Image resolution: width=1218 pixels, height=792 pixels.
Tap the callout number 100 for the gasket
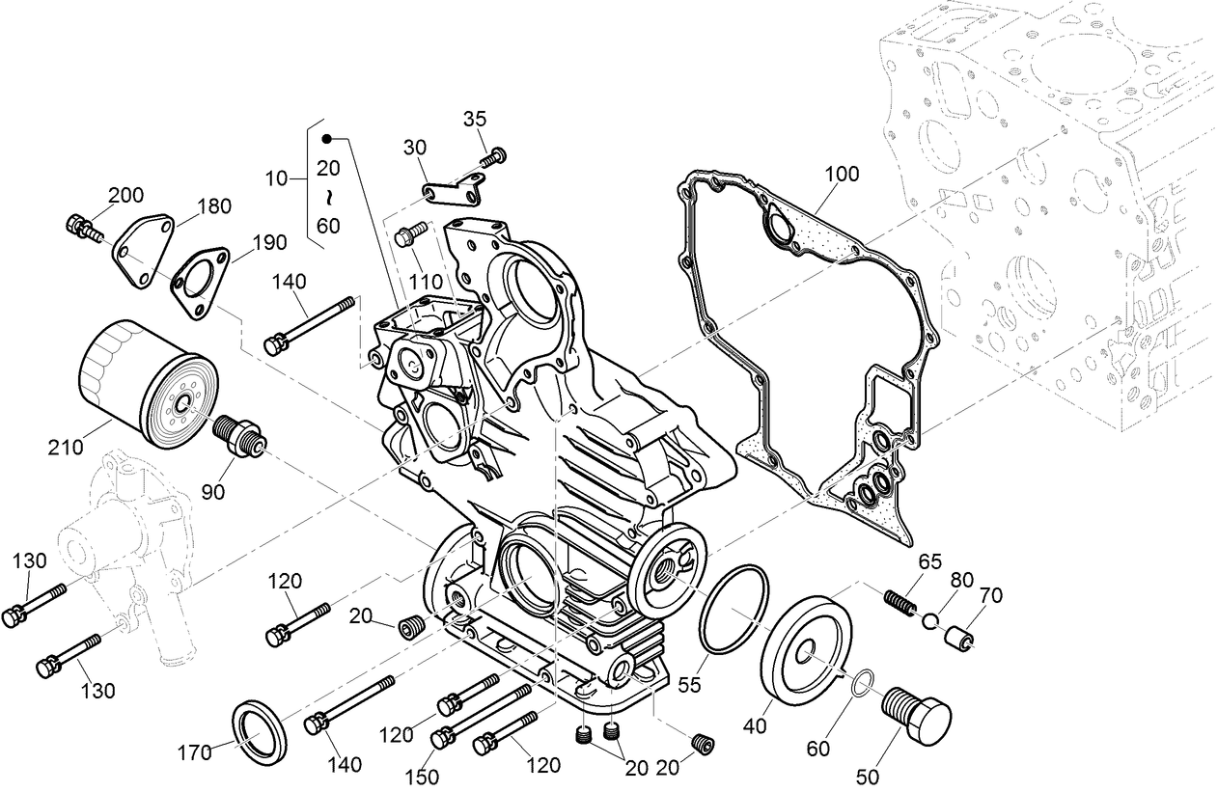point(841,175)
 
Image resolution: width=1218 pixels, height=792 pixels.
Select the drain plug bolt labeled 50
point(916,714)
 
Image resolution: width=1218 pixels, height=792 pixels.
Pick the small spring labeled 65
point(900,604)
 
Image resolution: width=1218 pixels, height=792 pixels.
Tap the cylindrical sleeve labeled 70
point(958,638)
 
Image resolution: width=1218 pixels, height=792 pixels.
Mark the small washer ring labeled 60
point(865,684)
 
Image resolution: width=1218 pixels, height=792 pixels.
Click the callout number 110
point(424,283)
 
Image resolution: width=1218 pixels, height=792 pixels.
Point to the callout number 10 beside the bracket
point(277,178)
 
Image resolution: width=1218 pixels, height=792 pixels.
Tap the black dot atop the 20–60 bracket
point(326,138)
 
